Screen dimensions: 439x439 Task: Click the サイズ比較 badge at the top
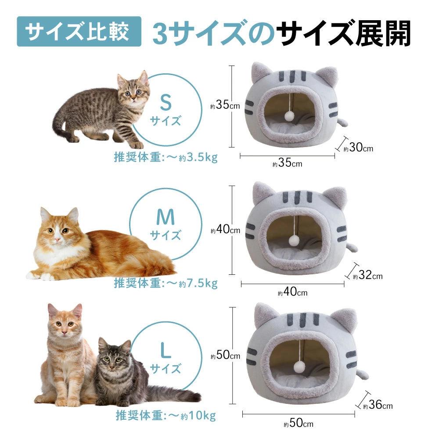pyautogui.click(x=79, y=31)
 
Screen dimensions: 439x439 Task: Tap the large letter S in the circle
pyautogui.click(x=166, y=102)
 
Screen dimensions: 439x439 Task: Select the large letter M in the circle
pyautogui.click(x=166, y=217)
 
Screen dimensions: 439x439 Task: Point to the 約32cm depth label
pyautogui.click(x=367, y=275)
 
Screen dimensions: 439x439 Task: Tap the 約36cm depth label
pyautogui.click(x=378, y=405)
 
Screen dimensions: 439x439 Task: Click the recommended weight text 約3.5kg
pyautogui.click(x=198, y=157)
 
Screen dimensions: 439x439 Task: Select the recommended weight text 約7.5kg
pyautogui.click(x=198, y=283)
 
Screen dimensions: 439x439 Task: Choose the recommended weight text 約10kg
pyautogui.click(x=198, y=415)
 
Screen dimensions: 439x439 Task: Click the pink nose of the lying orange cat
pyautogui.click(x=57, y=240)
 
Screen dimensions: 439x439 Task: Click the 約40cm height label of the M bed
pyautogui.click(x=225, y=230)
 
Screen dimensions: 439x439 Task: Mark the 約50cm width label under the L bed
pyautogui.click(x=299, y=423)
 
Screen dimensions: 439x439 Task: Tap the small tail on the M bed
pyautogui.click(x=352, y=248)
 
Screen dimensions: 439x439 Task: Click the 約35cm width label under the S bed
pyautogui.click(x=287, y=163)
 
